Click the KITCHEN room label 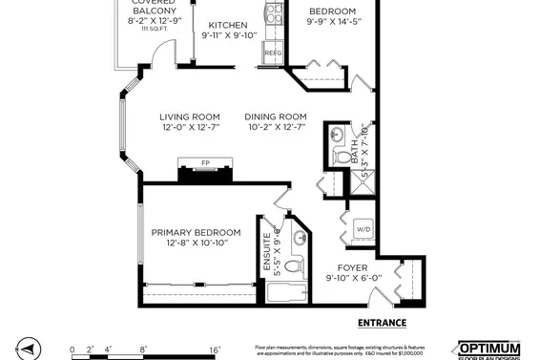228,25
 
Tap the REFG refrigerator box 273,53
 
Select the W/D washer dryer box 363,229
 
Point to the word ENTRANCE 382,323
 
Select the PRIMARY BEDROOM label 196,232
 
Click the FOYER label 353,267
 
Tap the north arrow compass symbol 29,349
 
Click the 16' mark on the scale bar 215,349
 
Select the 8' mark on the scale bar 144,349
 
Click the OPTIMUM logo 489,349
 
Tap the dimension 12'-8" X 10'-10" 196,244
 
